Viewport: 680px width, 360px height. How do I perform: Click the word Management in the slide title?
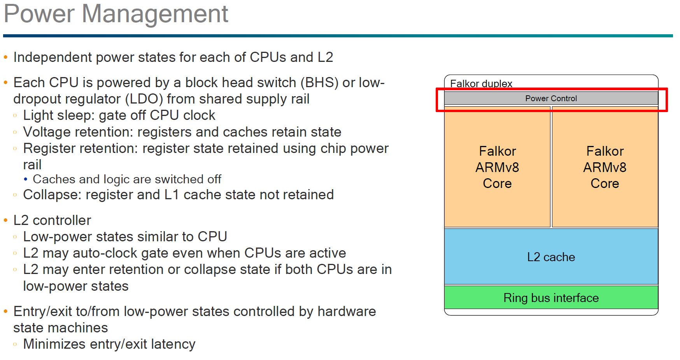tap(155, 14)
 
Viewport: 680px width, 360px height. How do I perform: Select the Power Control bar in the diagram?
tap(551, 98)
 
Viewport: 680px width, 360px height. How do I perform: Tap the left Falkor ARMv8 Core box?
tap(497, 167)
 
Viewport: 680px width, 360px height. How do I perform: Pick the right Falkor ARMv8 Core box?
tap(605, 167)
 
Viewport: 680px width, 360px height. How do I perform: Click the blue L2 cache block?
tap(551, 257)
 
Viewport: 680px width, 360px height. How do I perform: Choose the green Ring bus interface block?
tap(551, 298)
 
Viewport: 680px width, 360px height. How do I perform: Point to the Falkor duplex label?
tap(481, 84)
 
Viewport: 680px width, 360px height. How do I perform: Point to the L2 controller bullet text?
tap(52, 220)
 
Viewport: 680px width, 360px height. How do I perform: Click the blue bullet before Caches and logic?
tap(26, 179)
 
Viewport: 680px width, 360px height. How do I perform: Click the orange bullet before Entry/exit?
tap(5, 311)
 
